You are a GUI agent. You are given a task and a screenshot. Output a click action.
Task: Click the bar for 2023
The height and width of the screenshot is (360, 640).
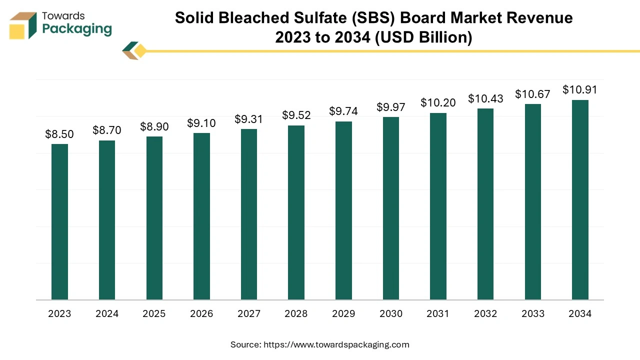[59, 222]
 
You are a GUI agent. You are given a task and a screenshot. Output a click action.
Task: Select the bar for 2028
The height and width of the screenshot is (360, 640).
[296, 212]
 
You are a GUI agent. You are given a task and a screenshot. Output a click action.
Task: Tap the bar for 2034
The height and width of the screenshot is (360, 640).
[580, 200]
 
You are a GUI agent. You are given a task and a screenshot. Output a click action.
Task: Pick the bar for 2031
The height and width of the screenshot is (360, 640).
[438, 206]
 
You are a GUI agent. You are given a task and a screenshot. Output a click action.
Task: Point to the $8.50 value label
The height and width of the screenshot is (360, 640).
[59, 134]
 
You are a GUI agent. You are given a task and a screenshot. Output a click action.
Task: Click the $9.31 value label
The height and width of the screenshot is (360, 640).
[248, 119]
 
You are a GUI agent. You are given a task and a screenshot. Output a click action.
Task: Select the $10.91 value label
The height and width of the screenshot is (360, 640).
[579, 90]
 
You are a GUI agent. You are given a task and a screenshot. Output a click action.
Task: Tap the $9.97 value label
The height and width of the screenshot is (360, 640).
[391, 107]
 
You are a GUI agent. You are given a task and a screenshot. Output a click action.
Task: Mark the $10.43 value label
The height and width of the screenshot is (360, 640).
[485, 98]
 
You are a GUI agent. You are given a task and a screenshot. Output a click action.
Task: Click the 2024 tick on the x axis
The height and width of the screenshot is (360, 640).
[107, 314]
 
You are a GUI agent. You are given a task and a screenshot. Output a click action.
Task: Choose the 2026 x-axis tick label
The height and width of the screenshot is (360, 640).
[201, 314]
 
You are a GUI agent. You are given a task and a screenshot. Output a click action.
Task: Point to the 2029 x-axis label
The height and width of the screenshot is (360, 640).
[343, 314]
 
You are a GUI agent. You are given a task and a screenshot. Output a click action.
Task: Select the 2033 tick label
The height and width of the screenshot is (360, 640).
[532, 314]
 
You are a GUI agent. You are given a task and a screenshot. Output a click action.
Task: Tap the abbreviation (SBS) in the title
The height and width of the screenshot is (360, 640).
[393, 18]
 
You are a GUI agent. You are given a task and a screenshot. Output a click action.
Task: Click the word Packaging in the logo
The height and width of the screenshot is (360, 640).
[77, 29]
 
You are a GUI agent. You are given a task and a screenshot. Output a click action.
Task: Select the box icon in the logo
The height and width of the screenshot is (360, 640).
[23, 25]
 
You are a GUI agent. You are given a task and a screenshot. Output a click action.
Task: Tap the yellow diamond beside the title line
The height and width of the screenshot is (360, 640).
[140, 51]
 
